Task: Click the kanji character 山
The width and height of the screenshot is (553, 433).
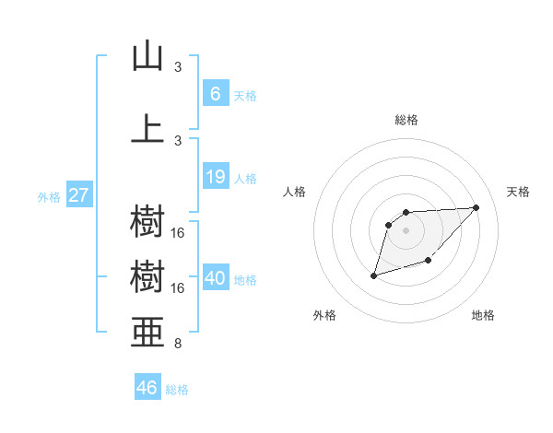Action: pos(147,56)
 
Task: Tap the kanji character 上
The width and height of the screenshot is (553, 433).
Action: pos(147,128)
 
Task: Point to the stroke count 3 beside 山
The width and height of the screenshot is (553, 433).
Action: pos(178,67)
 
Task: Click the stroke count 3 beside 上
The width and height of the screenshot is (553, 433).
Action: pos(178,140)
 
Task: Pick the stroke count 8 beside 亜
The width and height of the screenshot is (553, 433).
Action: pos(178,345)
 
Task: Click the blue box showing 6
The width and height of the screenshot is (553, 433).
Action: pos(215,94)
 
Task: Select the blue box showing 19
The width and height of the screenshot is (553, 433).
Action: pos(215,176)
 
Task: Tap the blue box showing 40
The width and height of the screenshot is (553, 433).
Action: pos(215,278)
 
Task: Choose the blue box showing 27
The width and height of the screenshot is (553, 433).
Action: pos(78,195)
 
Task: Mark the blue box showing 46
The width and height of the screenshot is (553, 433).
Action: pos(147,388)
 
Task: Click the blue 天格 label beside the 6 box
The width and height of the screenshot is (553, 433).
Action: pos(245,95)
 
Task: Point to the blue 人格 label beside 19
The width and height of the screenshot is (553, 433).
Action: pos(245,177)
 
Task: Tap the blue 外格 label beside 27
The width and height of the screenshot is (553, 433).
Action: pos(48,196)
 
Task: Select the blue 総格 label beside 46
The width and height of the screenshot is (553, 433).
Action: pos(177,389)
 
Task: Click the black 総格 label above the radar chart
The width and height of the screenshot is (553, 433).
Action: pos(406,120)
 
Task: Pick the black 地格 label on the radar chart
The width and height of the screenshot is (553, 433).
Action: pos(483,315)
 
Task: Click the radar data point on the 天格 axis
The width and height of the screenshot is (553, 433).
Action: pos(476,207)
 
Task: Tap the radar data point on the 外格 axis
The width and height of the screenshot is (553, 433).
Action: pos(373,275)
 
